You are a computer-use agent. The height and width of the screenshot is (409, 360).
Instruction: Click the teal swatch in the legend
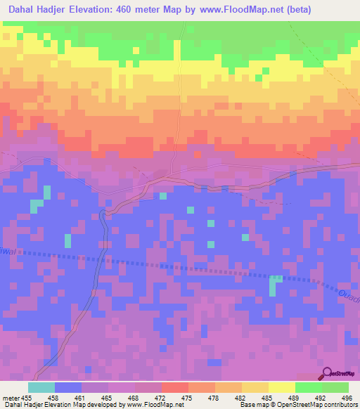(x=41, y=387)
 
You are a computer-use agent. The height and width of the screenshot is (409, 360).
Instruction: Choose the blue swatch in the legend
(x=68, y=387)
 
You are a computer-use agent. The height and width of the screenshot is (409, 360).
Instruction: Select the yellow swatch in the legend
(x=281, y=387)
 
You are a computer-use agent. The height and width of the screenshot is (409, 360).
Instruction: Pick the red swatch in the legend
(x=175, y=387)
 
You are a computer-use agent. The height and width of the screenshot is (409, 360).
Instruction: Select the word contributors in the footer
(x=342, y=405)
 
